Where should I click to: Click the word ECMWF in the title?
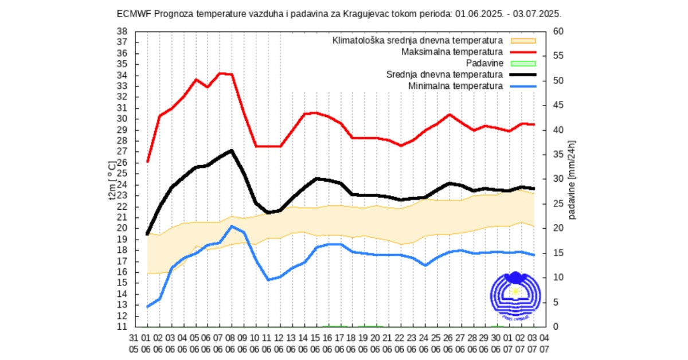(132, 13)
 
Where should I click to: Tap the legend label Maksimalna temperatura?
(452, 52)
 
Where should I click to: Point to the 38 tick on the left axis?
(122, 32)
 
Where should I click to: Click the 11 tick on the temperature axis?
(122, 327)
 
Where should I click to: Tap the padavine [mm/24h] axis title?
(572, 179)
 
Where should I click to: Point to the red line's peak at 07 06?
(220, 73)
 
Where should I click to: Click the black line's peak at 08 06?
(232, 151)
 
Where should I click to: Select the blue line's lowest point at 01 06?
(147, 307)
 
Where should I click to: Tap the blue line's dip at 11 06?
(268, 280)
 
